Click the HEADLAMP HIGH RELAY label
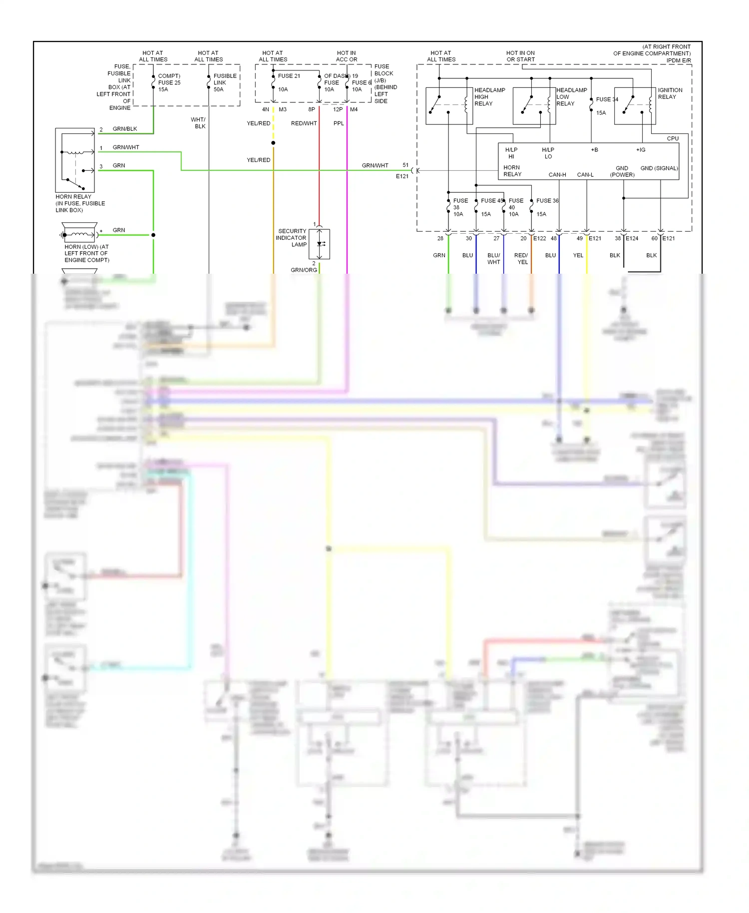click(x=489, y=97)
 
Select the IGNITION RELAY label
click(x=670, y=93)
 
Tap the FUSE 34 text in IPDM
click(x=607, y=99)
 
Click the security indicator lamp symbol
click(x=320, y=244)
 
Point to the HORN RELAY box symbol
click(x=75, y=160)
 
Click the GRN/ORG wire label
click(x=304, y=270)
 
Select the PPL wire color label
click(x=339, y=123)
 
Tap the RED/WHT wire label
click(x=304, y=123)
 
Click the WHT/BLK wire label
click(x=198, y=123)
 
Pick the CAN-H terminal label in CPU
click(x=557, y=175)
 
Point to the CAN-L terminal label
click(x=585, y=175)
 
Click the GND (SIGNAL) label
click(x=659, y=168)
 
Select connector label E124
click(x=632, y=238)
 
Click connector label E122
click(x=539, y=238)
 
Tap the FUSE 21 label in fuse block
click(x=289, y=76)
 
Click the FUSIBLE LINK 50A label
click(x=225, y=82)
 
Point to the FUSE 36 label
click(x=547, y=201)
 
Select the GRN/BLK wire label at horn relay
click(x=125, y=129)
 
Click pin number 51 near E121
click(x=405, y=165)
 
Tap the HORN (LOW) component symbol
click(x=79, y=234)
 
